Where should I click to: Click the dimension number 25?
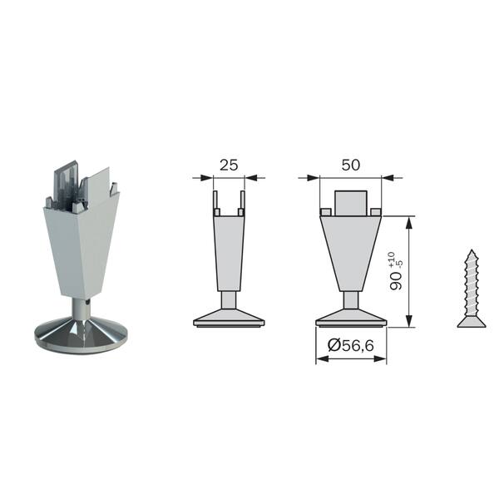[229, 166]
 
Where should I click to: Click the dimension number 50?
[351, 165]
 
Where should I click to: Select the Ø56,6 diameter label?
[350, 345]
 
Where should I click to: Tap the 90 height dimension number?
[396, 281]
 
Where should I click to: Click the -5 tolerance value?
[400, 264]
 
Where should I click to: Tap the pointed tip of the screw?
[472, 250]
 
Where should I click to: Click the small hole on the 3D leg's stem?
[88, 302]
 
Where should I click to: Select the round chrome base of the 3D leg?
[81, 335]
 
